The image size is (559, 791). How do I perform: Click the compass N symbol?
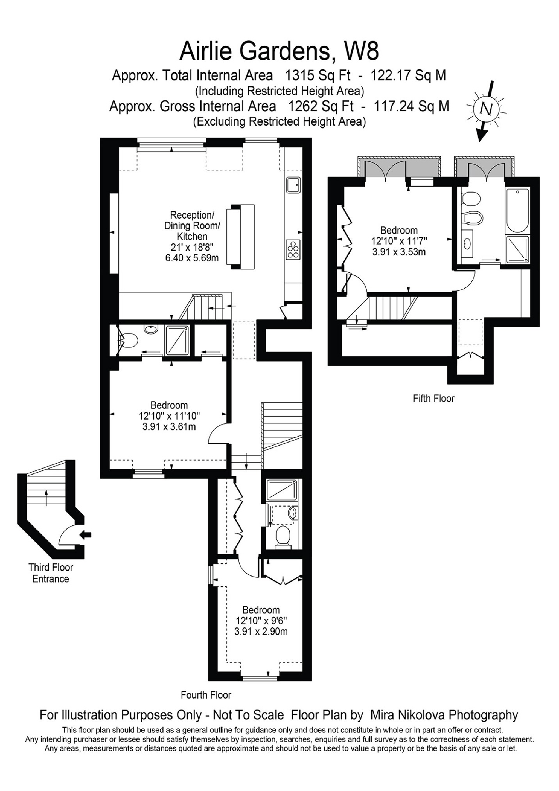pos(486,108)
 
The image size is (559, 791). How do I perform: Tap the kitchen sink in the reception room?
pos(293,185)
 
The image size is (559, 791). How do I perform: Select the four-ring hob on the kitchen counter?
pos(293,249)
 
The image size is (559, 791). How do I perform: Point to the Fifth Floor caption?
pos(434,398)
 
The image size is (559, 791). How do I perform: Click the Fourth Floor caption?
pos(206,695)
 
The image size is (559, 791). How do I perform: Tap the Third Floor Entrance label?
pos(51,573)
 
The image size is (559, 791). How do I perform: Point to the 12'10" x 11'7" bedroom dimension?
pos(399,241)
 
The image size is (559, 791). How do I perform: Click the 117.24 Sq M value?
pos(411,106)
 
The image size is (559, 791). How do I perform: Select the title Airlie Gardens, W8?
pos(279,51)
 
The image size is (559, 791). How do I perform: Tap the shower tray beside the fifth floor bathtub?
pos(518,249)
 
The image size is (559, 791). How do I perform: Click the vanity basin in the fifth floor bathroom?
pos(468,243)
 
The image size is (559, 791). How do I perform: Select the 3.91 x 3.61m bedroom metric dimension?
pos(169,427)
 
